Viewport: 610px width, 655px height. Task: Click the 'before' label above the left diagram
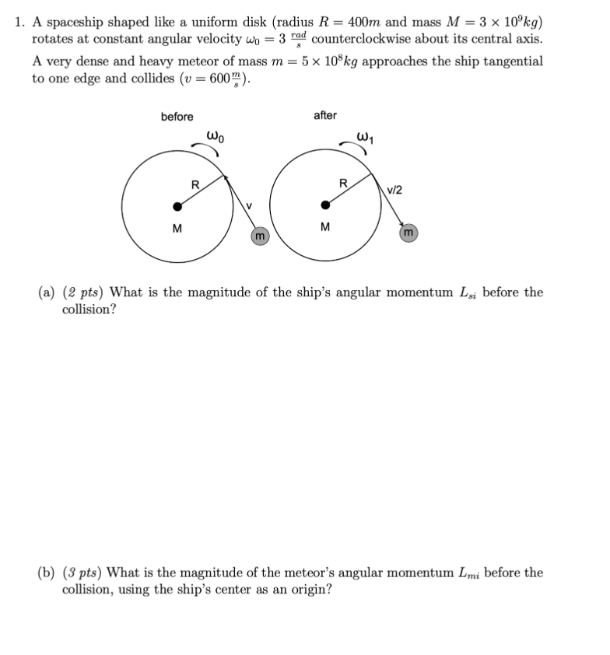177,117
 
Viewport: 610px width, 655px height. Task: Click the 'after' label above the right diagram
324,115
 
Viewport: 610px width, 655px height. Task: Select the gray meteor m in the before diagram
260,235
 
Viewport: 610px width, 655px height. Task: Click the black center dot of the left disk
177,206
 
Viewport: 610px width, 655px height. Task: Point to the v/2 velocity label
395,190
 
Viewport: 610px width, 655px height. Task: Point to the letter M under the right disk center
325,228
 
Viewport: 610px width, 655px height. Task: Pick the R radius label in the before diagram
195,184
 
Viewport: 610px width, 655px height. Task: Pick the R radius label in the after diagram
343,184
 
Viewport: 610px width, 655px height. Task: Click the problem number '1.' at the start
20,21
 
